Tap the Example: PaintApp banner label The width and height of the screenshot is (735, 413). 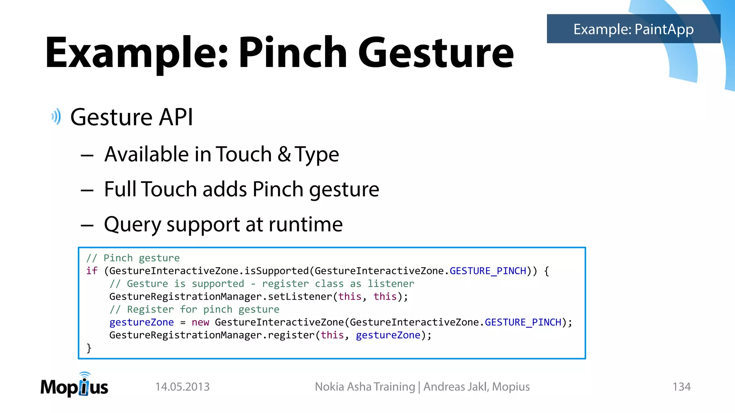[633, 29]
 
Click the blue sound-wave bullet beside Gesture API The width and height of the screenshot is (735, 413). [56, 117]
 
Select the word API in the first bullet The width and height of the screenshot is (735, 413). [176, 117]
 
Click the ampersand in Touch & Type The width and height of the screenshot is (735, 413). [284, 154]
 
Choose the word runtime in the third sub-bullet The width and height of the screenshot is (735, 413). [305, 224]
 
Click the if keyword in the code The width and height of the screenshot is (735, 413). [92, 271]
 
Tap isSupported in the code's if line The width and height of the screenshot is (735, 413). [277, 271]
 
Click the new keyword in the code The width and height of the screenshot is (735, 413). [200, 322]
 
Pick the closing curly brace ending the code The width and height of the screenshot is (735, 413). [89, 348]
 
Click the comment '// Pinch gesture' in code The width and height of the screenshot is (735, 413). [133, 258]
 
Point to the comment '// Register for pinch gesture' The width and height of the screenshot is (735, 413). [194, 309]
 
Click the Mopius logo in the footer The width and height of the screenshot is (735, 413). [74, 385]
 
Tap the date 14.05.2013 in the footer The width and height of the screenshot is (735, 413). [182, 387]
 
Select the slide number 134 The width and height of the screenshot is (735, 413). [681, 387]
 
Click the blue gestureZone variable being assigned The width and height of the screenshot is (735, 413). [141, 322]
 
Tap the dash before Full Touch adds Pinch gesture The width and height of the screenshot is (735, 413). [87, 190]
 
